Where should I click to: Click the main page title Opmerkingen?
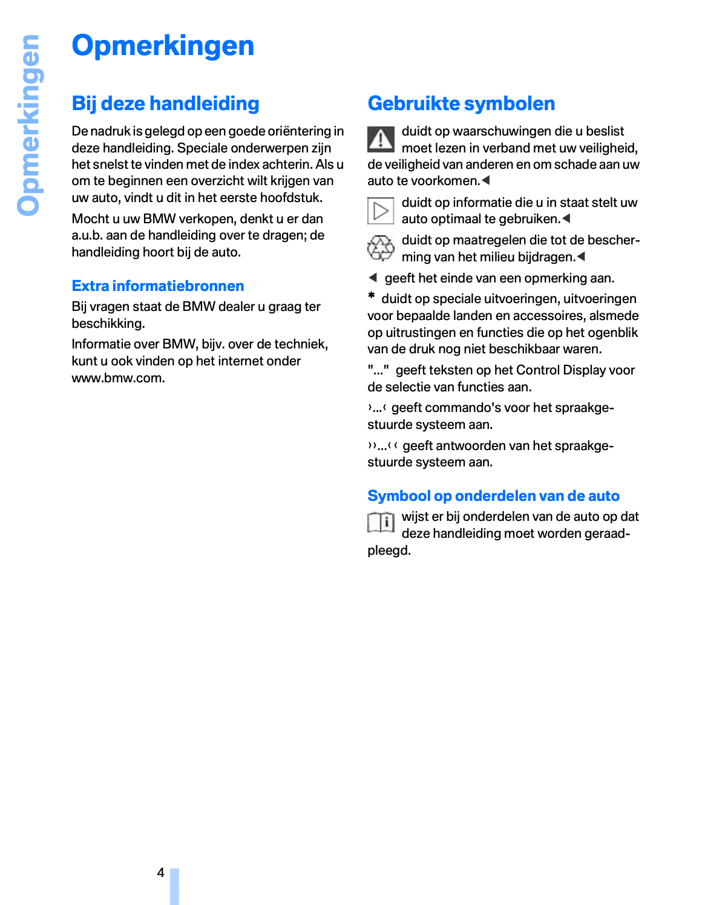tap(163, 46)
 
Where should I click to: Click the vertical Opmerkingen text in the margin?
tap(28, 125)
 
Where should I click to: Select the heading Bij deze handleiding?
tap(165, 103)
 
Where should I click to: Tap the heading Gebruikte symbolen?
tap(461, 103)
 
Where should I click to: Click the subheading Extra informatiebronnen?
tap(158, 286)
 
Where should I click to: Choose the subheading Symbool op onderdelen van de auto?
tap(493, 496)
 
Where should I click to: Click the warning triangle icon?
tap(381, 139)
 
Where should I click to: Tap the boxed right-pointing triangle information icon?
tap(381, 211)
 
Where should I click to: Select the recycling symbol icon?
tap(381, 248)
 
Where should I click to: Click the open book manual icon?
tap(381, 521)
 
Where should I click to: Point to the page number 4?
tap(160, 872)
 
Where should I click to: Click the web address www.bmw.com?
tap(118, 378)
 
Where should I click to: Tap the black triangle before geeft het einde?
tap(373, 278)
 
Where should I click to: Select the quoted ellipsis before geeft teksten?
tap(378, 370)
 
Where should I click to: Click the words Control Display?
tap(551, 370)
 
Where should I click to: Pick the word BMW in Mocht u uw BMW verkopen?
tap(159, 219)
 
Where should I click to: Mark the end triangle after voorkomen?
tap(485, 180)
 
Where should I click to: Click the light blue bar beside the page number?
tap(174, 886)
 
